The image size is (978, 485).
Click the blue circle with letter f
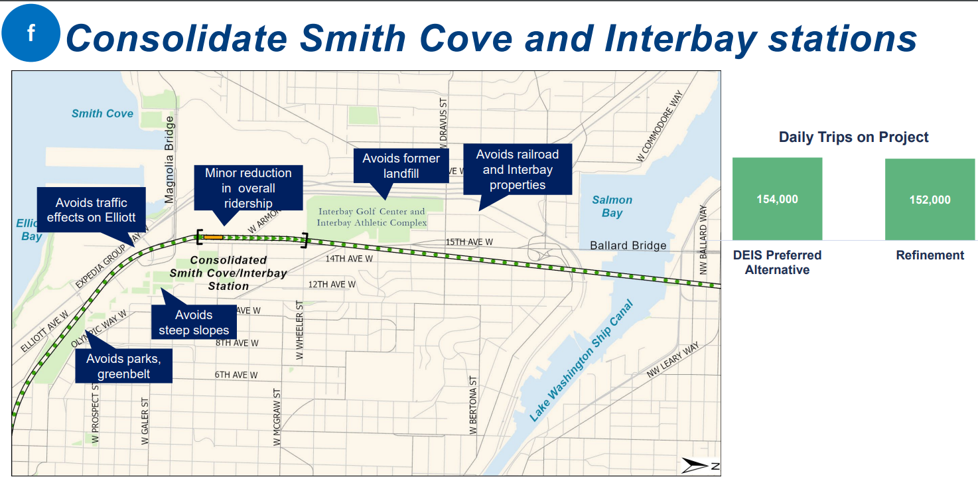tap(31, 33)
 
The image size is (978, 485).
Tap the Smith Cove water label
tap(102, 113)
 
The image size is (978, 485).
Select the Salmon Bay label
tap(612, 206)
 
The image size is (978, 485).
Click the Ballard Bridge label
tap(628, 245)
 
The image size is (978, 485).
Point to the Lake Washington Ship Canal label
tap(581, 360)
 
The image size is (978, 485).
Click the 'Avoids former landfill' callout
tap(401, 166)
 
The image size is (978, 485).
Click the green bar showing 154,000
tap(777, 199)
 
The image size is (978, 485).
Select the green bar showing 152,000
tap(930, 200)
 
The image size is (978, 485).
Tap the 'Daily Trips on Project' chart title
tap(853, 137)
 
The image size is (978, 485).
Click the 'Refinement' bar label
tap(930, 255)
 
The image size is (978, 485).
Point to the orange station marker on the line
tap(214, 237)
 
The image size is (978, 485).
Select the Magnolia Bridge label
tap(169, 160)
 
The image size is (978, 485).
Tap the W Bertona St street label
tap(473, 405)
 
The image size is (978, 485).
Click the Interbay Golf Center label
tap(372, 217)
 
